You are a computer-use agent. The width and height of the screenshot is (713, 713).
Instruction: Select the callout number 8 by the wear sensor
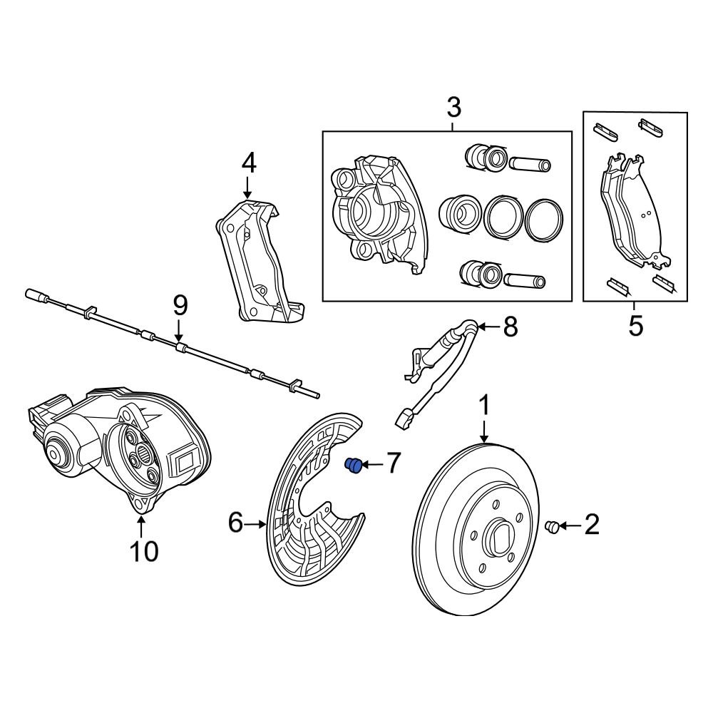click(x=509, y=327)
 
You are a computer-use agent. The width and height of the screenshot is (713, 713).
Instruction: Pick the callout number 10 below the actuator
click(x=143, y=550)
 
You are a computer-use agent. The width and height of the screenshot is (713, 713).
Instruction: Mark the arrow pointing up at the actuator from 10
click(x=141, y=528)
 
